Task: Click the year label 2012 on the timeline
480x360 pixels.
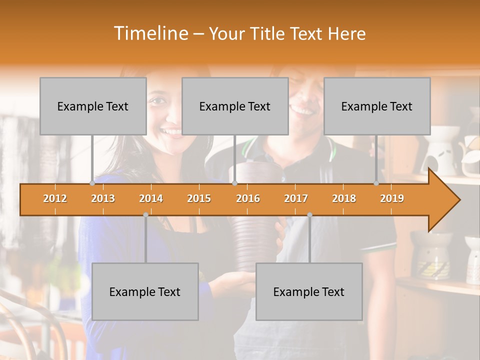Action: point(55,198)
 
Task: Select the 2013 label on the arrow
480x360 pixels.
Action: point(103,198)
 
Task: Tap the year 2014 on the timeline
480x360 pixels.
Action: point(151,198)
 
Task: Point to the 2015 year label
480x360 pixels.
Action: point(199,198)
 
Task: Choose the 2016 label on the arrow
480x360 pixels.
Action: point(248,198)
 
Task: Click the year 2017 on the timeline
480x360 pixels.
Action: point(296,198)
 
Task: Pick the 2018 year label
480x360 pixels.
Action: point(344,198)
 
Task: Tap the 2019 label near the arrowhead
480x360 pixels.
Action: point(392,198)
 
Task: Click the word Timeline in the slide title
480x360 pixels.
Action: point(149,33)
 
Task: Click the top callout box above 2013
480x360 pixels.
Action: point(93,106)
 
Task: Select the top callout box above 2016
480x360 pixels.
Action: point(235,106)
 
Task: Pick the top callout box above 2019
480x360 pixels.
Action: point(377,106)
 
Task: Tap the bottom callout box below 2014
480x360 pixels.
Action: point(145,291)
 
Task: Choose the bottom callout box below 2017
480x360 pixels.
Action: point(309,291)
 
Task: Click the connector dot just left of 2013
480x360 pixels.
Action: point(92,183)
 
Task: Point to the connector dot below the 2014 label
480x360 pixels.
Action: point(145,215)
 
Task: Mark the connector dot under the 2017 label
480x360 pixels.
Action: point(309,215)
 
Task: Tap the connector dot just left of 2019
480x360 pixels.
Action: point(376,183)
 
